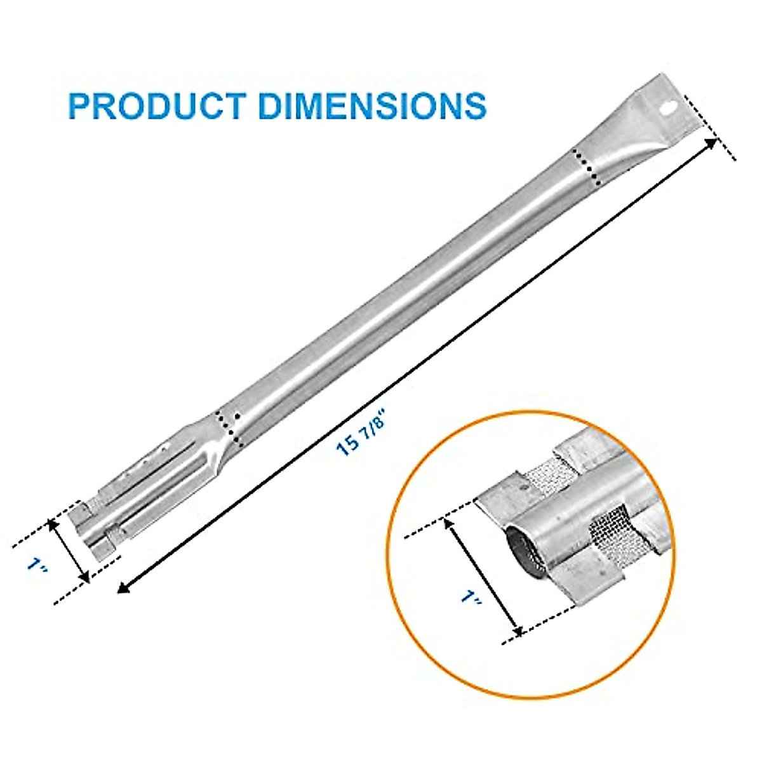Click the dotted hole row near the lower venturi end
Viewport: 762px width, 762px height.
(229, 427)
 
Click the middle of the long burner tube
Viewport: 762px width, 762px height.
(406, 286)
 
